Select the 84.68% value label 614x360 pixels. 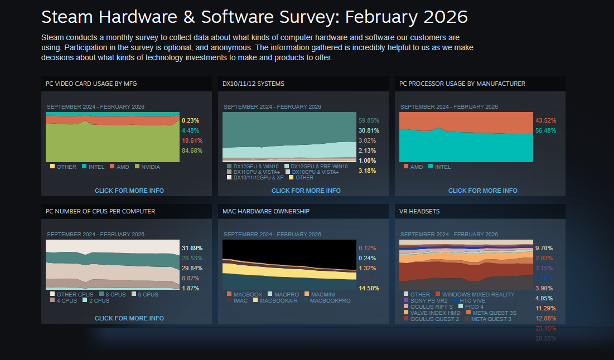coord(192,150)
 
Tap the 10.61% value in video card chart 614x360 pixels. coord(192,140)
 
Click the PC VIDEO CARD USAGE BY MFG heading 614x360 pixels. coord(91,84)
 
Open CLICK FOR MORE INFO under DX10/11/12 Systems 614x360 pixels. coord(306,191)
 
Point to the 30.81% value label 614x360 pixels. coord(368,130)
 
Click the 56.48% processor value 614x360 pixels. coord(545,130)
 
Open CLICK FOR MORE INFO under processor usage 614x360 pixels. coord(482,191)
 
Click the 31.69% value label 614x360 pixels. coord(192,248)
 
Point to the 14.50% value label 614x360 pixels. coord(369,288)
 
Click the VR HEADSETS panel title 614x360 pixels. coord(419,211)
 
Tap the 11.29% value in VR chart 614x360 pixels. coord(545,308)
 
